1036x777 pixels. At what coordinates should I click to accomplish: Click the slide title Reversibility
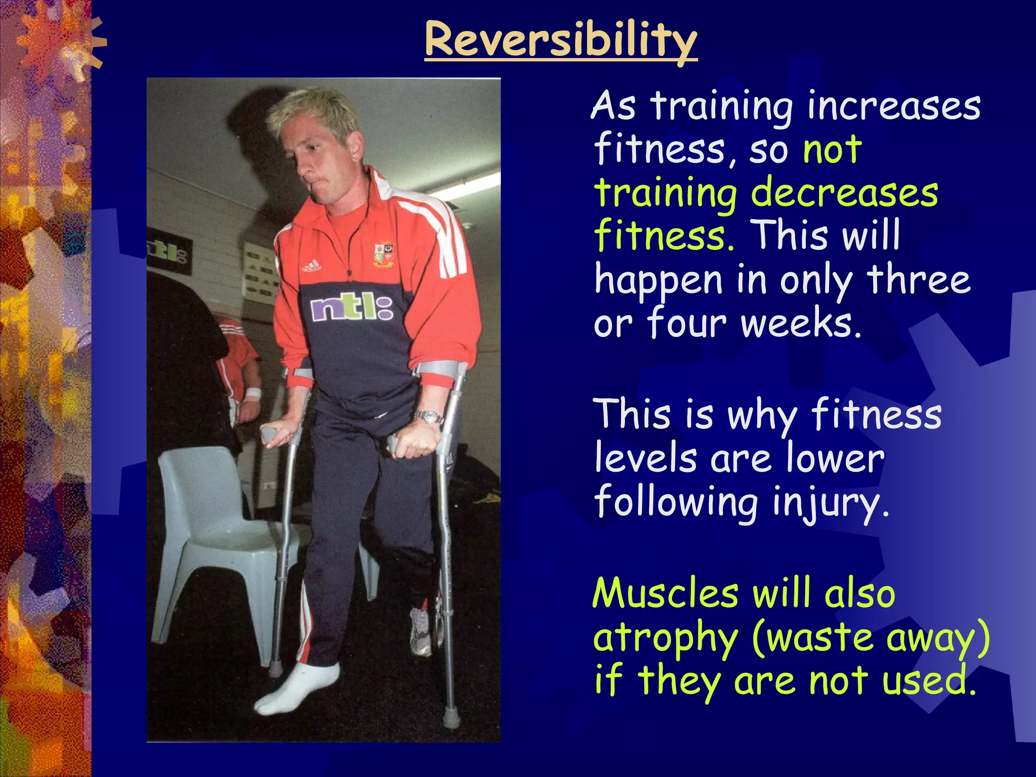click(560, 40)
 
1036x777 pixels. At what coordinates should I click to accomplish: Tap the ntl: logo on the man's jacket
click(352, 308)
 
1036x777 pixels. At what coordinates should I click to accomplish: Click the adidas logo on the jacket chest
click(311, 266)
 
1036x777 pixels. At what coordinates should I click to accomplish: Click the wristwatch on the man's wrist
click(428, 417)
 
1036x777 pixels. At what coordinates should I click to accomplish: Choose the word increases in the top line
click(893, 106)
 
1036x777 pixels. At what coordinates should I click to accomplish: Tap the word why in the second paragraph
click(762, 415)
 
